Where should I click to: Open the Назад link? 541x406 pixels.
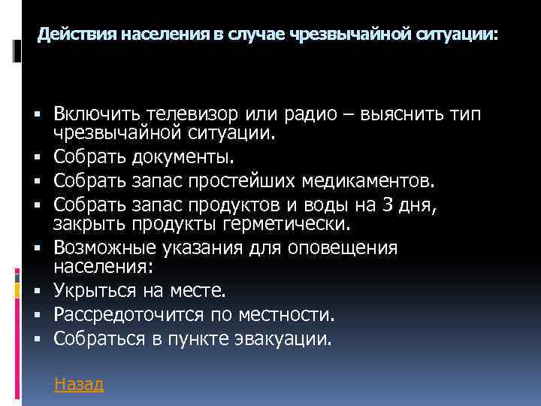tap(79, 384)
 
